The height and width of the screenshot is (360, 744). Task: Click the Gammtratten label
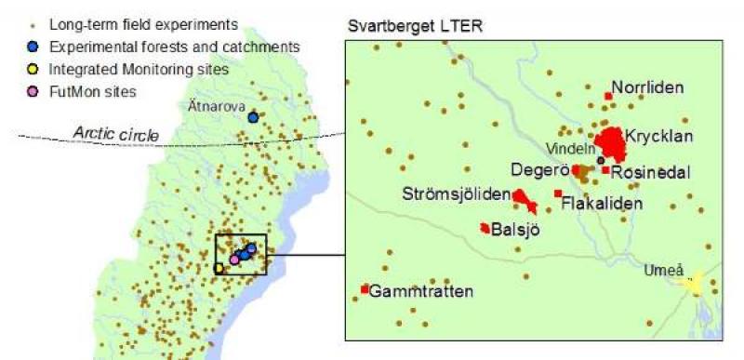(x=421, y=291)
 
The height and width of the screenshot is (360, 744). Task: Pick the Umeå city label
(x=661, y=270)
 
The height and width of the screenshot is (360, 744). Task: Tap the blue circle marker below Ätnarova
(x=252, y=117)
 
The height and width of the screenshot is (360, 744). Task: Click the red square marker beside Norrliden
(x=607, y=95)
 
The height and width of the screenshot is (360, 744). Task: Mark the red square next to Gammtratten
(x=364, y=289)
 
